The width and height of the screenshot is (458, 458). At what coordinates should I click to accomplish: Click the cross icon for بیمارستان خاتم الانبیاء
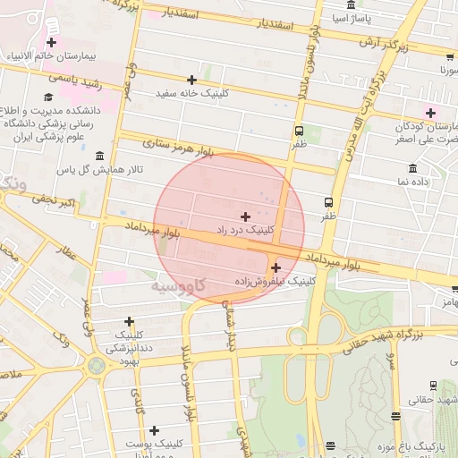pos(51,42)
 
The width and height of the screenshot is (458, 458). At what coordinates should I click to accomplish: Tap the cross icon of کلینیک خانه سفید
pos(191,80)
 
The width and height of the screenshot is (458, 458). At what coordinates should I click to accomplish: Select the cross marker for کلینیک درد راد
pos(246,216)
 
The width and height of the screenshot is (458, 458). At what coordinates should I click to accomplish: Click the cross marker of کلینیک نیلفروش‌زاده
pos(276,267)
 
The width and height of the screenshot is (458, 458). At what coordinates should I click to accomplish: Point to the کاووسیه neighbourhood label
pos(177,286)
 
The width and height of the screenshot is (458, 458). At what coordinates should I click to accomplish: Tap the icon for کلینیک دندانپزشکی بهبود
pos(129,321)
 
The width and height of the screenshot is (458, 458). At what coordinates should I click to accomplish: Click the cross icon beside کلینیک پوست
pos(154,430)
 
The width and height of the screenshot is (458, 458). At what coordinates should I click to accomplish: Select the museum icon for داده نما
pos(412,168)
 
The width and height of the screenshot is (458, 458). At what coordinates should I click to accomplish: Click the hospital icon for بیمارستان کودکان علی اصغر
pos(431,112)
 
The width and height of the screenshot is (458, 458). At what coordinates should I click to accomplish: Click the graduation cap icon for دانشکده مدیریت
pos(47,97)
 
